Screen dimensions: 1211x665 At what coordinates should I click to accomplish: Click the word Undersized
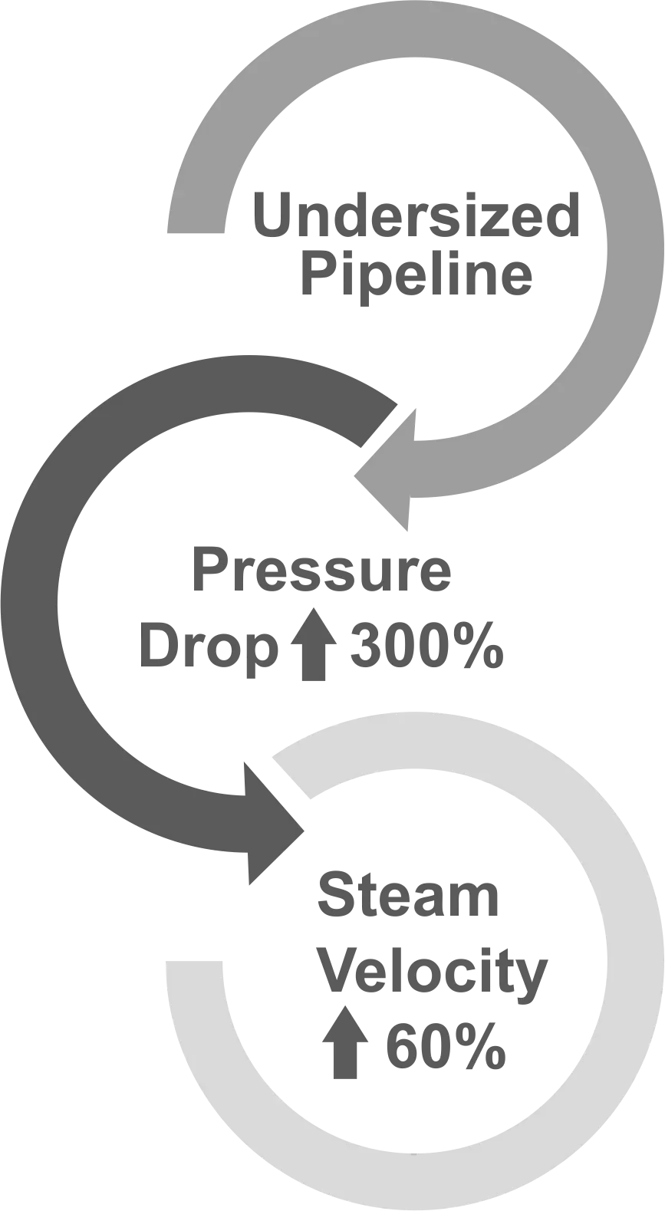point(416,216)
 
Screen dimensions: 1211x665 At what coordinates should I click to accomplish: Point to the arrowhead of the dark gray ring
point(272,828)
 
